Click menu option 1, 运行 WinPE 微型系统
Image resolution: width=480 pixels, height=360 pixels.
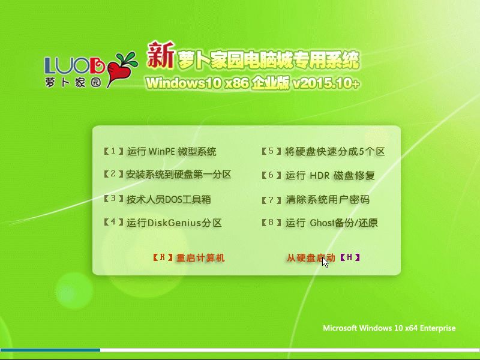click(x=160, y=151)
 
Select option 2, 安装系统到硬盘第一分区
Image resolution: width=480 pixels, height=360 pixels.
click(x=167, y=175)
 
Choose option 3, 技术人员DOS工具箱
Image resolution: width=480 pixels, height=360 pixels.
click(x=157, y=199)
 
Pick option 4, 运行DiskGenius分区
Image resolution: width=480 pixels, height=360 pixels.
click(x=163, y=223)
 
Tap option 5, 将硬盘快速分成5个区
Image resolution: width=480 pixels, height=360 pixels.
click(x=323, y=151)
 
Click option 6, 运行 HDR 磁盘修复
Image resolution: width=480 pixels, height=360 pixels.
click(x=319, y=175)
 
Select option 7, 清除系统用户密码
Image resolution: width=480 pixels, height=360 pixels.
click(x=316, y=200)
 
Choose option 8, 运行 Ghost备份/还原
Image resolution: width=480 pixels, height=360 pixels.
click(x=320, y=223)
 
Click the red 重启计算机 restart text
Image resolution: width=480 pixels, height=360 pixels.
click(x=200, y=258)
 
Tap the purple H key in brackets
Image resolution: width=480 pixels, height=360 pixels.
click(x=350, y=257)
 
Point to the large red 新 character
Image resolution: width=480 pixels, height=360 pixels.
click(x=161, y=55)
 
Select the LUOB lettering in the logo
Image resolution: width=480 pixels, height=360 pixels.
click(x=74, y=65)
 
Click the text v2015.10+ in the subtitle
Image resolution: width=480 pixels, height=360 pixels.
click(x=326, y=83)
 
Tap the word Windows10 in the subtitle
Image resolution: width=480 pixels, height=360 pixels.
click(x=184, y=83)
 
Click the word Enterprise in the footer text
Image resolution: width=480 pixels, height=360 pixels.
click(x=437, y=328)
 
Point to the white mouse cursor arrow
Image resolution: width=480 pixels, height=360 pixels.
click(x=325, y=262)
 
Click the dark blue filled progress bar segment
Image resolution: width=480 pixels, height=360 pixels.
click(x=50, y=350)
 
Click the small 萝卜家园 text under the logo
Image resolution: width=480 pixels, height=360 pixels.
click(x=73, y=82)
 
